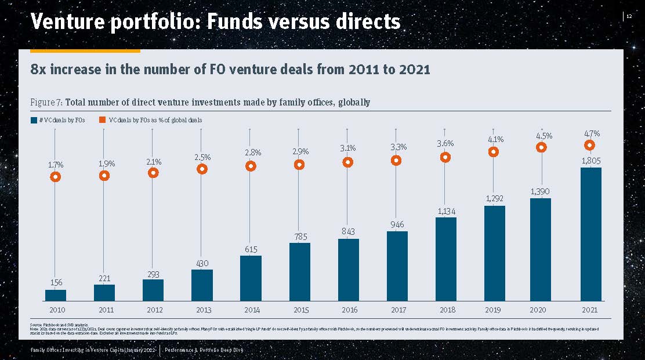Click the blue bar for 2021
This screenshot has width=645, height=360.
click(590, 234)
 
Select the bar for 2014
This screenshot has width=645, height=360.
click(251, 278)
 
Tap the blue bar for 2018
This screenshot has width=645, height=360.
click(445, 259)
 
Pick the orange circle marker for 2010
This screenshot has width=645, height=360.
click(56, 177)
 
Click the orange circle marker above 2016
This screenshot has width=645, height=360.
click(347, 162)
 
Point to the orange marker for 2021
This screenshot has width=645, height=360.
click(590, 145)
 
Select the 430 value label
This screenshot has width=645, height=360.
click(202, 264)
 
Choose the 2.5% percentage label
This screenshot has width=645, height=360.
click(202, 157)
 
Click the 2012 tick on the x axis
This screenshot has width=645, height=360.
click(153, 310)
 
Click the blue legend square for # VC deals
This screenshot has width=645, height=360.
click(33, 120)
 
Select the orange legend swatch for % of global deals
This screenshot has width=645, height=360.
click(102, 120)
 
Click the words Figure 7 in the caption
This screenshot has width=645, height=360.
click(46, 103)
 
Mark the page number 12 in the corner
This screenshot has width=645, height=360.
click(629, 16)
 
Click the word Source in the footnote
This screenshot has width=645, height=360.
click(36, 324)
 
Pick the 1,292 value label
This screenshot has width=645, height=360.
click(494, 199)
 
